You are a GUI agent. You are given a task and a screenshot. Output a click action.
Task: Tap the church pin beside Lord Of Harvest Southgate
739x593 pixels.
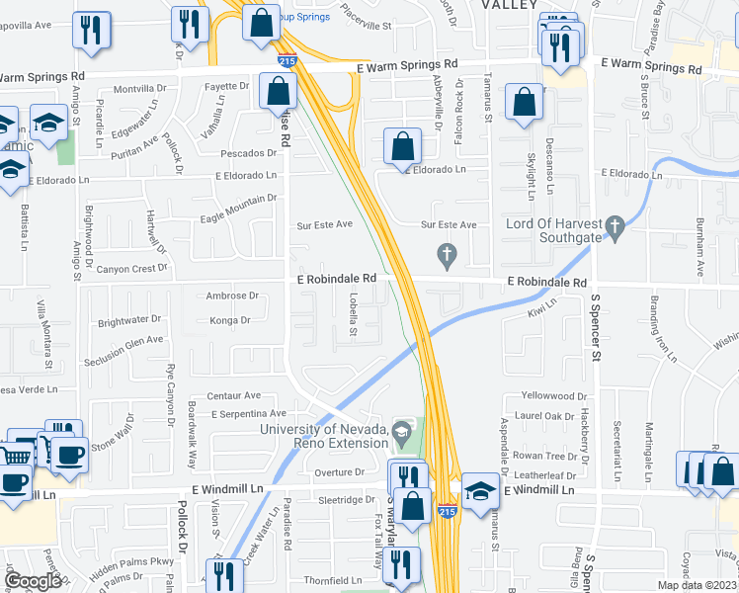[x=615, y=229]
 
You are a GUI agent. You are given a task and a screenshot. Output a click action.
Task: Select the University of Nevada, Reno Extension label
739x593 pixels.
[x=324, y=435]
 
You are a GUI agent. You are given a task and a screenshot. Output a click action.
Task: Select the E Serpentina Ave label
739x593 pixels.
[x=248, y=413]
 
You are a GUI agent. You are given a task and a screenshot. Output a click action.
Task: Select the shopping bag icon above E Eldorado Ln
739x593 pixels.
[x=402, y=147]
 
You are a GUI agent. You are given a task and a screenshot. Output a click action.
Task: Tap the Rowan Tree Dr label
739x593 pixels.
[x=544, y=456]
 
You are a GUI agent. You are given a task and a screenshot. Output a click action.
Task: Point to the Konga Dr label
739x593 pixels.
[x=231, y=320]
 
